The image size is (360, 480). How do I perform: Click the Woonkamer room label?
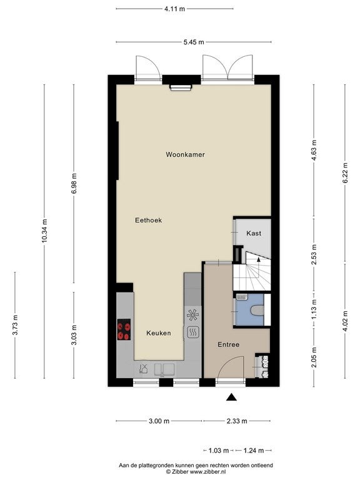coord(185,154)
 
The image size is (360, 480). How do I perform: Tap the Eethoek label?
coord(149,220)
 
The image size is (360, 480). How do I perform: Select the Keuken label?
coord(159,333)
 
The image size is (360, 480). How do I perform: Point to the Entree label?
coord(228,345)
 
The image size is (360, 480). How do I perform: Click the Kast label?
coord(254,233)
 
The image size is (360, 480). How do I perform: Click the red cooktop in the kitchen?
coord(124,330)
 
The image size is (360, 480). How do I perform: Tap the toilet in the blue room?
coord(257,311)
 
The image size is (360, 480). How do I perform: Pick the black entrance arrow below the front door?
coord(232,397)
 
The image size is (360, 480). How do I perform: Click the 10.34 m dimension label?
coord(45,231)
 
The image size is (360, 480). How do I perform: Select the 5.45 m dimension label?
coord(194,42)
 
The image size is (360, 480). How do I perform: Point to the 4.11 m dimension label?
coord(175,9)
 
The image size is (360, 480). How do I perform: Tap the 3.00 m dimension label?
coord(159,421)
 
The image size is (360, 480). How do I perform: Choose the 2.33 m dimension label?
coord(237,421)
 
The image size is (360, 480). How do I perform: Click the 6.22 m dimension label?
coord(345,173)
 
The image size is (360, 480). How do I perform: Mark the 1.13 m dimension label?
coord(314,309)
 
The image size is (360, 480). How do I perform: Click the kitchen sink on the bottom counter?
coord(164,369)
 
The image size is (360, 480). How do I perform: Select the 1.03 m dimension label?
coord(219,451)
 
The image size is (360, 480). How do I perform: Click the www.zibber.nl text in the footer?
coord(208,472)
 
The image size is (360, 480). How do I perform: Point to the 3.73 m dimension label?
coord(15,325)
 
